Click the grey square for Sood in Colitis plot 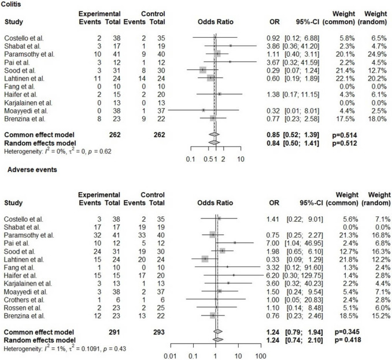point(202,69)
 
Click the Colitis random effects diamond point(213,141)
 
